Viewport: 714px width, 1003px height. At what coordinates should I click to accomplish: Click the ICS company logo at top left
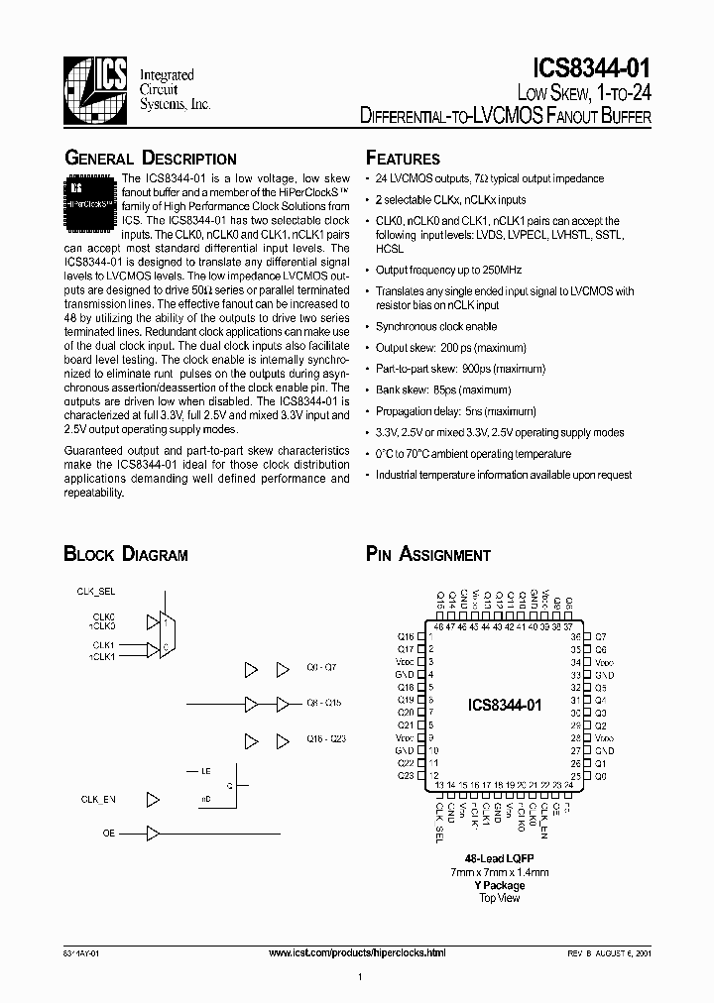94,90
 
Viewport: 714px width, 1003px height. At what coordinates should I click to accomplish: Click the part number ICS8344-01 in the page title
592,69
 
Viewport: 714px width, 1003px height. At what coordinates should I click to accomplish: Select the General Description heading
150,159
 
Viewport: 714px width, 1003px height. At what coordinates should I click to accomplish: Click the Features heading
403,159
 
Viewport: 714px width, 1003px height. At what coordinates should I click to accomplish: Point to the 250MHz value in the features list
475,270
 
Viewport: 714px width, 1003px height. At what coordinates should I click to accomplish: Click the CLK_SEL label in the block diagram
97,591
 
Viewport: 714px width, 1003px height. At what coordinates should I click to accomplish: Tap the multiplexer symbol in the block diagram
165,634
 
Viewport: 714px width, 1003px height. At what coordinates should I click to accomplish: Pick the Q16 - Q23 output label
325,739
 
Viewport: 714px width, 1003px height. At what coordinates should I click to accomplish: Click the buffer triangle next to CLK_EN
153,798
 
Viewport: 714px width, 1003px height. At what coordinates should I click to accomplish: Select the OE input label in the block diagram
109,834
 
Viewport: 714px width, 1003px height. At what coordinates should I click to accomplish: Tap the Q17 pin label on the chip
406,649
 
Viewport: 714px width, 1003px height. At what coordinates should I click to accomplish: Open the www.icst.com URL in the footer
357,952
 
